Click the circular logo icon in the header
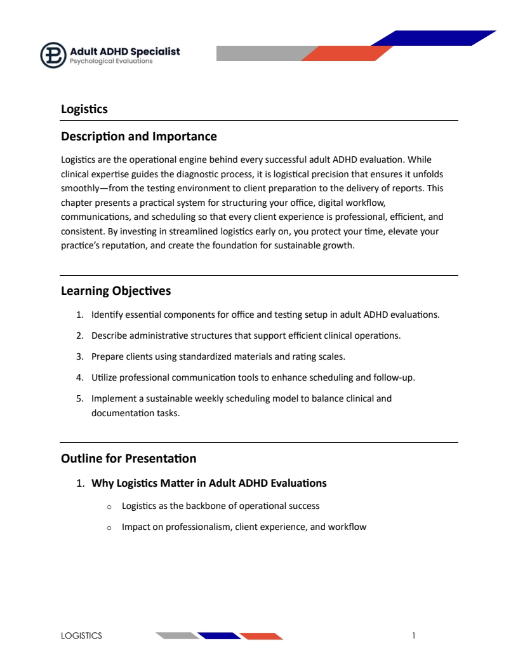click(x=53, y=55)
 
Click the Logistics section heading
click(x=84, y=109)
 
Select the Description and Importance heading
click(x=138, y=137)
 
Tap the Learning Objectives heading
click(x=116, y=291)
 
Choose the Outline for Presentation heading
click(x=128, y=458)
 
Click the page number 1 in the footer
click(x=414, y=635)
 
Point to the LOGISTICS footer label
click(x=81, y=635)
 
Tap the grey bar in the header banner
click(x=260, y=53)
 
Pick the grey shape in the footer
click(x=177, y=636)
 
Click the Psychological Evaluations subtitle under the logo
click(x=111, y=62)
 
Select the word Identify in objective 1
click(x=107, y=315)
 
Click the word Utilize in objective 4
click(x=104, y=377)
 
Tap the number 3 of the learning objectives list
click(x=79, y=356)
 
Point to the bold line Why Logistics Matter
click(x=209, y=483)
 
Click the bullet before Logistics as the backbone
click(x=109, y=506)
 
